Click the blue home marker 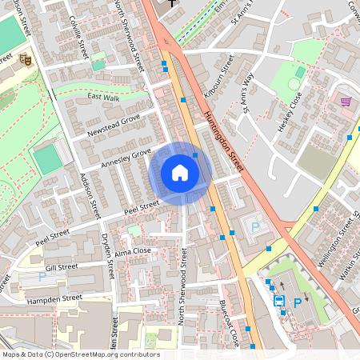[x=180, y=173]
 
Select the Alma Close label [x=133, y=250]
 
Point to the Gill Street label [x=61, y=267]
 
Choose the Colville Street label [x=78, y=37]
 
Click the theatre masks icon [x=26, y=58]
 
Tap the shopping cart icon [x=346, y=102]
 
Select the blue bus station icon [x=279, y=302]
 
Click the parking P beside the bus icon [x=298, y=302]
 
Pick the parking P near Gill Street [x=42, y=277]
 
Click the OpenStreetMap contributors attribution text [x=81, y=354]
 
